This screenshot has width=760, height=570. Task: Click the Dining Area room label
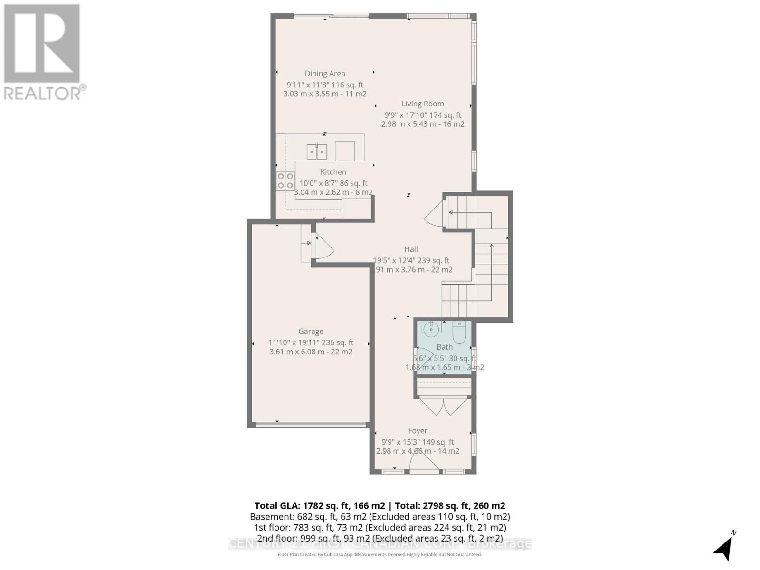tap(325, 74)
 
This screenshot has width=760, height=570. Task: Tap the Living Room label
tap(423, 104)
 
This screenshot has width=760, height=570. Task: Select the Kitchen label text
tap(333, 172)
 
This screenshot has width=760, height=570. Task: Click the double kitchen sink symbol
tap(317, 152)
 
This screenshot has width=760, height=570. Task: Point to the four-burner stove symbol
tap(285, 180)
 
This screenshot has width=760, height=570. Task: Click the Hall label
tap(411, 249)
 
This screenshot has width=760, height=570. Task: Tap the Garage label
tap(311, 332)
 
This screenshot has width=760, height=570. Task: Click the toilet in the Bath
tap(459, 332)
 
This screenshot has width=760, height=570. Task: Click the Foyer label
tap(418, 431)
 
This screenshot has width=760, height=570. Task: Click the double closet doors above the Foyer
tap(444, 407)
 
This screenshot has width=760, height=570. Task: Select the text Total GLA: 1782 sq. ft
tap(319, 506)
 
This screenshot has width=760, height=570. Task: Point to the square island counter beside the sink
tap(345, 151)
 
